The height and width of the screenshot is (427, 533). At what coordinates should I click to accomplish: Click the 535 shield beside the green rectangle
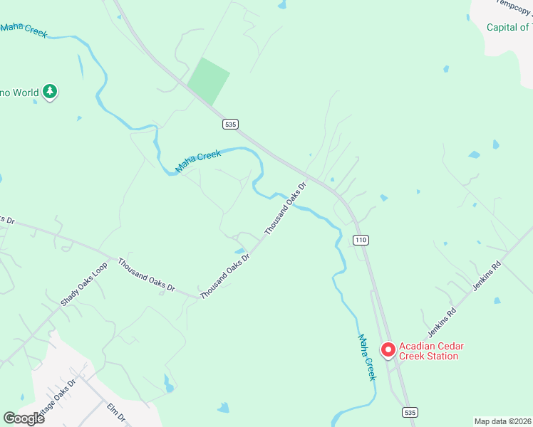point(229,124)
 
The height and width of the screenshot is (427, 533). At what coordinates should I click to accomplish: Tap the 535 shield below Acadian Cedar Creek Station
point(409,413)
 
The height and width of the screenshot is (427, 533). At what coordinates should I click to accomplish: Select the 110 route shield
point(361,240)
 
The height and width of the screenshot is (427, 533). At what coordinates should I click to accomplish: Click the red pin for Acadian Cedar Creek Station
point(388,349)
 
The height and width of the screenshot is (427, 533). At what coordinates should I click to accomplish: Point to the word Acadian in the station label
point(417,347)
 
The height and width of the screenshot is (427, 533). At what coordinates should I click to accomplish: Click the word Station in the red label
point(439,356)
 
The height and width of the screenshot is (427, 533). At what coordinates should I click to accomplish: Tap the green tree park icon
point(49,91)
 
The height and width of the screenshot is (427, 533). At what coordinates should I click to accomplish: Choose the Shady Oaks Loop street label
point(83,284)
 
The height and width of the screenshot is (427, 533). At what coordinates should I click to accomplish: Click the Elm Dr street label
point(115,413)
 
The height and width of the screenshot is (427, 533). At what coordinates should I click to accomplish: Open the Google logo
point(24,418)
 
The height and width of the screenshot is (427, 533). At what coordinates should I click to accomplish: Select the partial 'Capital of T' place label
point(509,28)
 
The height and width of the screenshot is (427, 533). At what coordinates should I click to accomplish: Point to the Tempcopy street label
point(514,4)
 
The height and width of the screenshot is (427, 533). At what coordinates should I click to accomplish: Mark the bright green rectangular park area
point(208,80)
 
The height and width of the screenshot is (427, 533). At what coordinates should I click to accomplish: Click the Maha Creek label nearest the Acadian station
point(366,357)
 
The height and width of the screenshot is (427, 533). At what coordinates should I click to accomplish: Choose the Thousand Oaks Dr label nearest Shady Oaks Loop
point(147,275)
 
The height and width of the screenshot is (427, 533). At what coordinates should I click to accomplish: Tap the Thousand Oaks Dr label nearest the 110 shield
point(285,209)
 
